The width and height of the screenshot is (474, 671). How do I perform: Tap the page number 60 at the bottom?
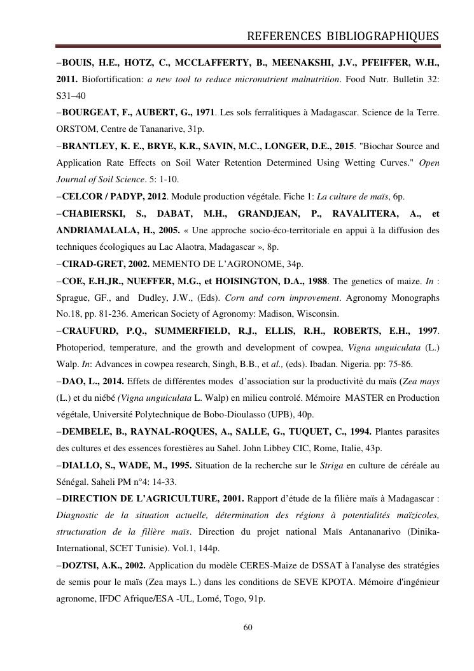coord(249,628)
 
